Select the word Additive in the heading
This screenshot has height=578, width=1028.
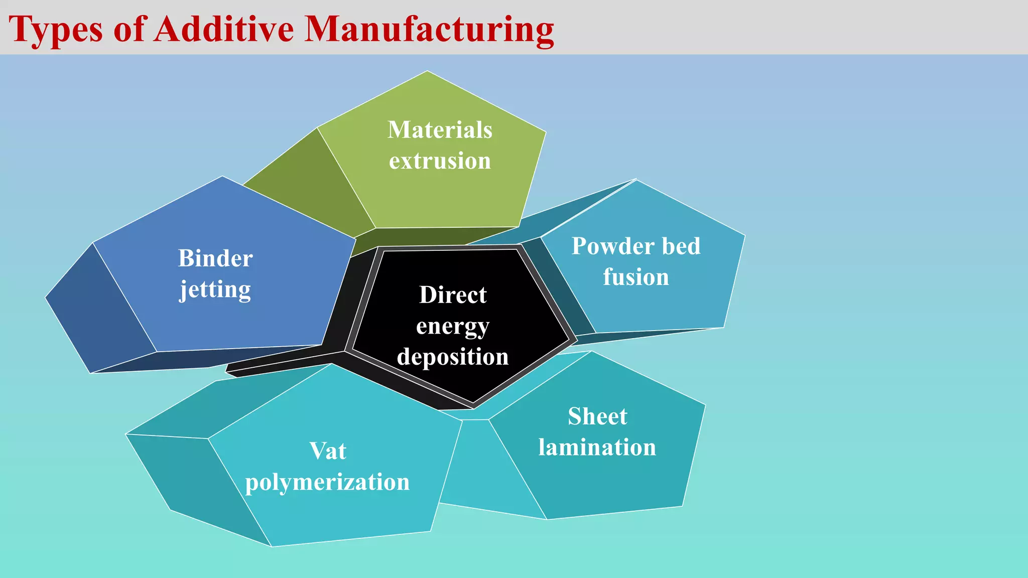(x=224, y=29)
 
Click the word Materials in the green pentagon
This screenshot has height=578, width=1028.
(x=440, y=130)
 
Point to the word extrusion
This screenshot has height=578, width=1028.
(x=440, y=161)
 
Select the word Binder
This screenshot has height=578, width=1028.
(x=215, y=258)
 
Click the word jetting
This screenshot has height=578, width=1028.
(x=215, y=290)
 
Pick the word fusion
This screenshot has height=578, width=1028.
(x=636, y=277)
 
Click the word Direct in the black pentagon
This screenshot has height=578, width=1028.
(x=453, y=295)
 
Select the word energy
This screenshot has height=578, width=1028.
(x=453, y=327)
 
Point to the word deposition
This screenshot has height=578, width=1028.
(x=453, y=357)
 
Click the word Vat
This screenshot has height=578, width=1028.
(x=327, y=451)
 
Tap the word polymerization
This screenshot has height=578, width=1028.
(x=327, y=482)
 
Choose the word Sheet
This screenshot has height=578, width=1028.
(x=597, y=416)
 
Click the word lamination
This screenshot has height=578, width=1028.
(x=597, y=447)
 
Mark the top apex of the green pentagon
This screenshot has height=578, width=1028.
(x=427, y=72)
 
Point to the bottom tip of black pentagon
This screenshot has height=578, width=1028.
(x=473, y=403)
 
